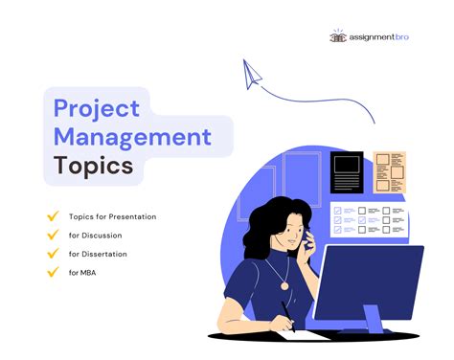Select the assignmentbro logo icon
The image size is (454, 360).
click(x=338, y=35)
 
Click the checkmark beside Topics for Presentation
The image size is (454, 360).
click(x=53, y=216)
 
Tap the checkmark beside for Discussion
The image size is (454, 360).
click(x=53, y=236)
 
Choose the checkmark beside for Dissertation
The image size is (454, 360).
click(x=53, y=254)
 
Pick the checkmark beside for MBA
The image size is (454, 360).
click(x=53, y=272)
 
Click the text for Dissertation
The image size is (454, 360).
click(x=98, y=254)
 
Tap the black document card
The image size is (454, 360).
click(x=346, y=173)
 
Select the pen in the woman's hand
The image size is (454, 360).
click(x=285, y=312)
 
